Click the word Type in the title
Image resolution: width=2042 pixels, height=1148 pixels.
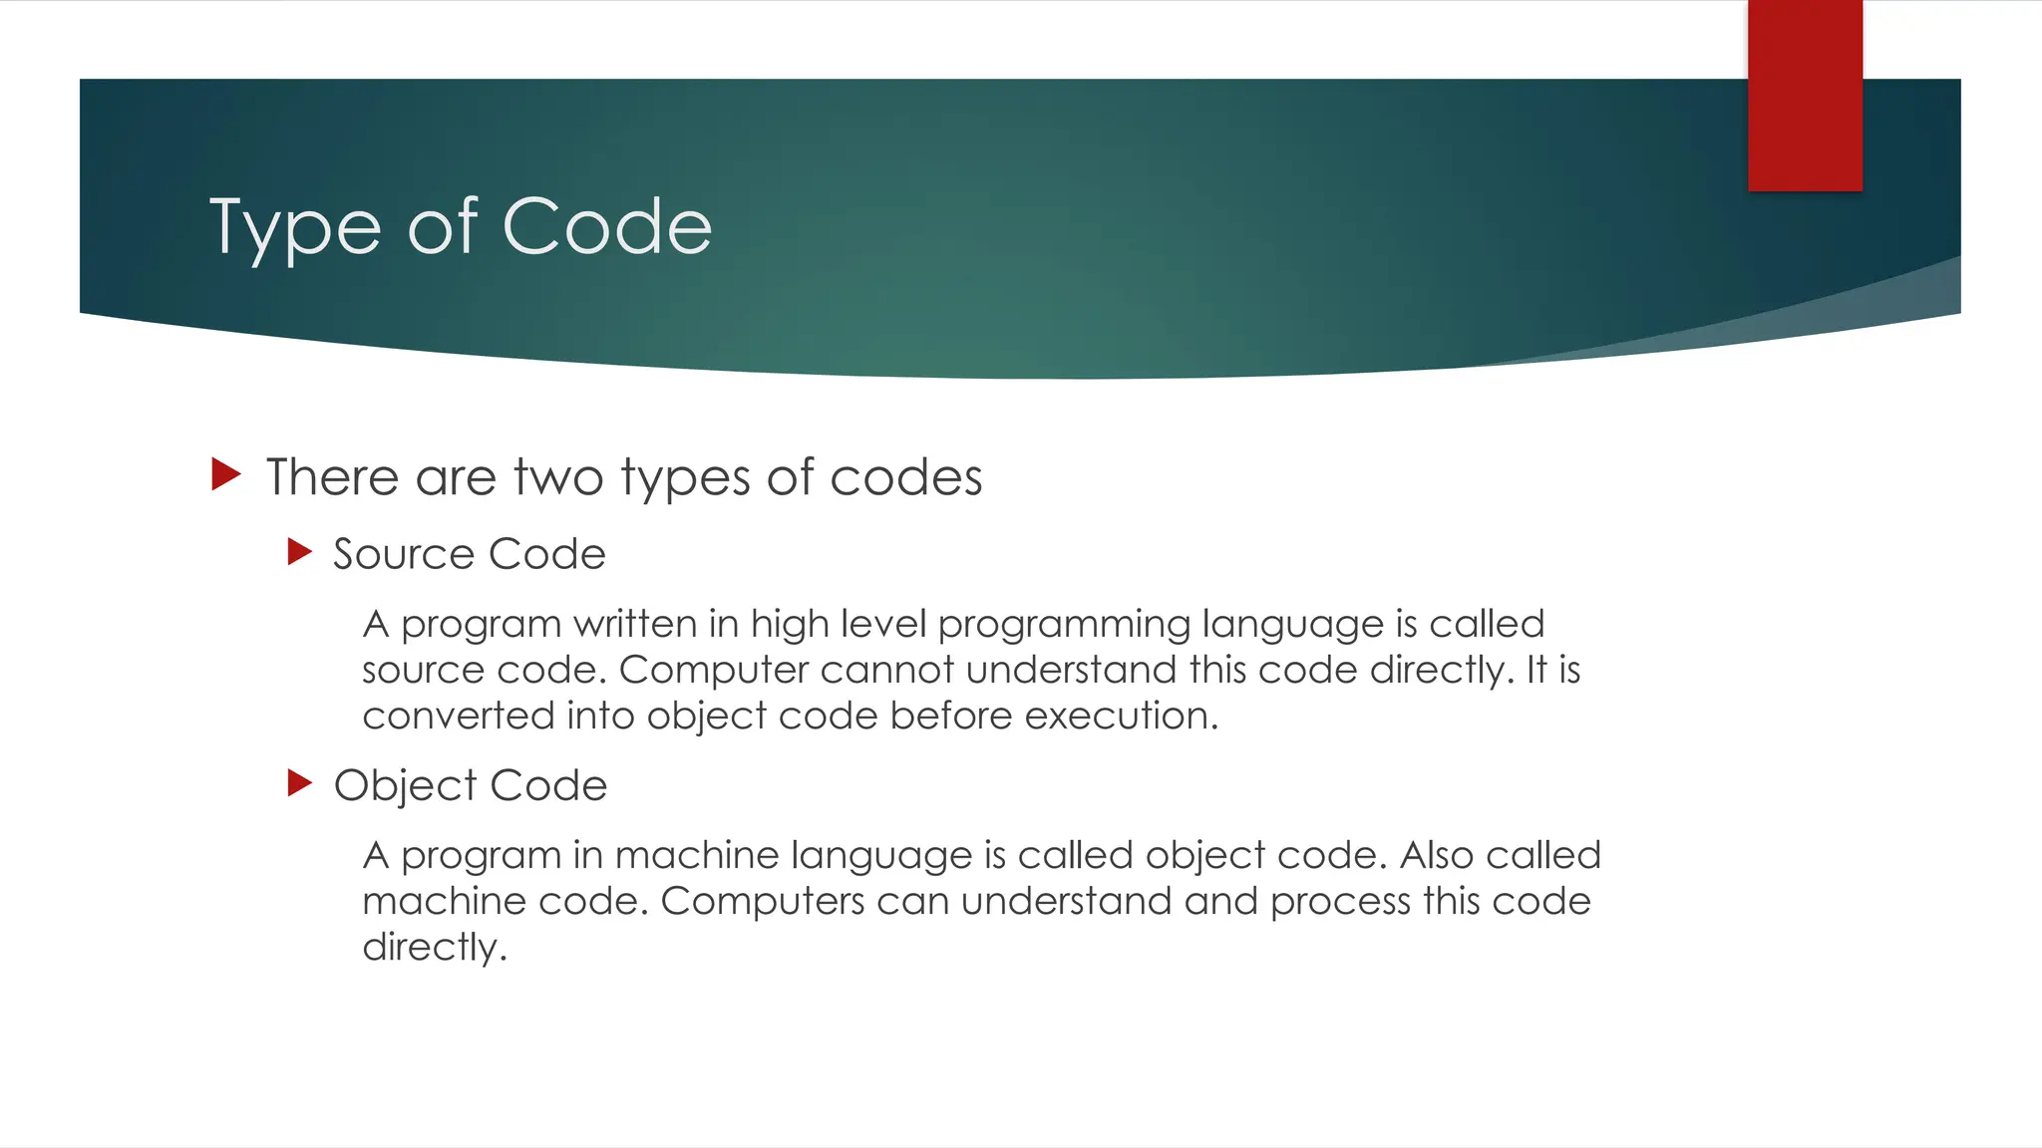click(294, 229)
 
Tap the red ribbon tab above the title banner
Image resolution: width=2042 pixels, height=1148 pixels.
click(1805, 95)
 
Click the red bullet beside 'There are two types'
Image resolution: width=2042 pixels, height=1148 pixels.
click(226, 474)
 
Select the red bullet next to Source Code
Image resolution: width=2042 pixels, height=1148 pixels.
click(299, 552)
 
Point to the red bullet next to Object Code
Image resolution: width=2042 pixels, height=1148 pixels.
click(299, 783)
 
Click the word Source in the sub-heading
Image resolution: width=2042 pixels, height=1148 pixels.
click(404, 554)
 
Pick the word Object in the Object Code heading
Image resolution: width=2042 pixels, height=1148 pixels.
click(405, 786)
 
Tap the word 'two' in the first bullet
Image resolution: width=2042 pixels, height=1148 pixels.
click(558, 477)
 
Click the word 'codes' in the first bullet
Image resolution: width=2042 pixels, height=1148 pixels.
click(905, 477)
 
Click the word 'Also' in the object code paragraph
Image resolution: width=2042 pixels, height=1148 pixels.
click(1436, 856)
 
